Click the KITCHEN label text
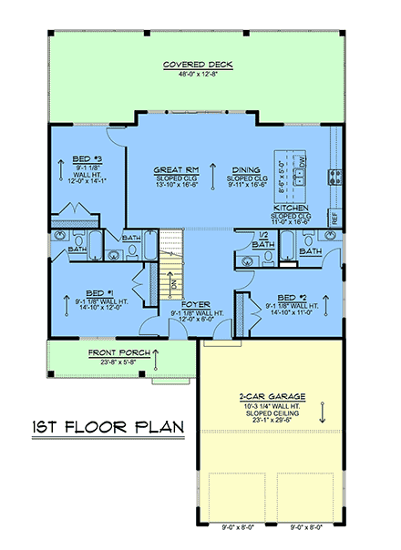pos(291,208)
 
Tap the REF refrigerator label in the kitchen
pos(334,219)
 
